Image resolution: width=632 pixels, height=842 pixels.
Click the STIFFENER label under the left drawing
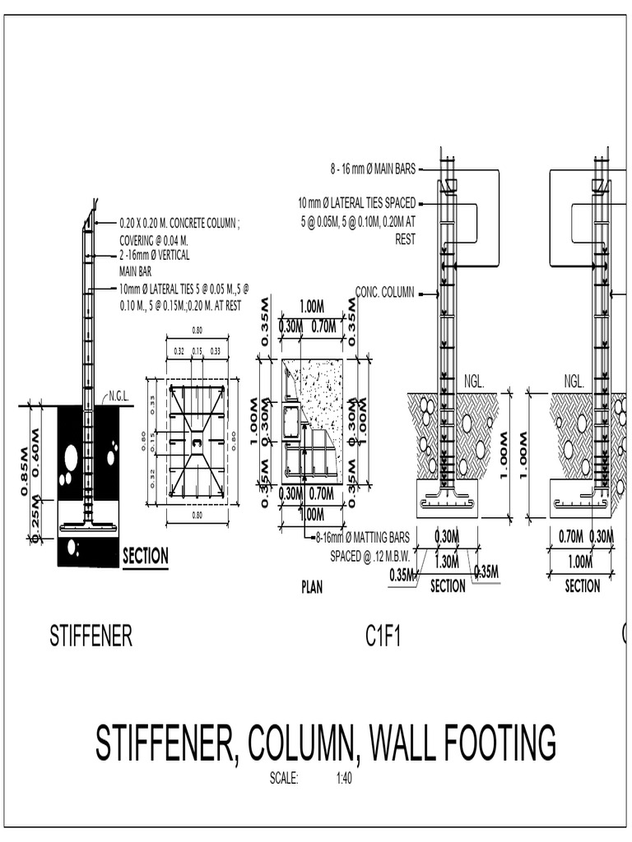point(91,636)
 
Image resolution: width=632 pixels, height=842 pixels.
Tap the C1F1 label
point(383,636)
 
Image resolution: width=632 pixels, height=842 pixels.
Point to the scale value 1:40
point(344,779)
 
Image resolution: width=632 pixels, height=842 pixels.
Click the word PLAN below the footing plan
point(311,588)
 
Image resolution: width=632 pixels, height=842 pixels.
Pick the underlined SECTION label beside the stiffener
point(146,557)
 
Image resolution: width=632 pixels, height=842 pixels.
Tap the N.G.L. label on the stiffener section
point(119,397)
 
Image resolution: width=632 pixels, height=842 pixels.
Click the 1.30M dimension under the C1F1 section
point(445,562)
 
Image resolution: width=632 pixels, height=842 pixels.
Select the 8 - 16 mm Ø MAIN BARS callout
point(374,170)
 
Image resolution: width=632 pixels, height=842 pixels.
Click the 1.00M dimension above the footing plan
point(312,306)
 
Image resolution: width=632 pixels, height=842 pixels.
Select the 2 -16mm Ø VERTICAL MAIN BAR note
point(154,261)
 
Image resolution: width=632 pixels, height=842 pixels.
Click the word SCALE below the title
point(284,779)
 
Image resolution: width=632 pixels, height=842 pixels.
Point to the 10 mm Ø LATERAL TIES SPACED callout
point(357,203)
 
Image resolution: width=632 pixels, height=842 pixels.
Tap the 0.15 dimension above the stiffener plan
point(197,351)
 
